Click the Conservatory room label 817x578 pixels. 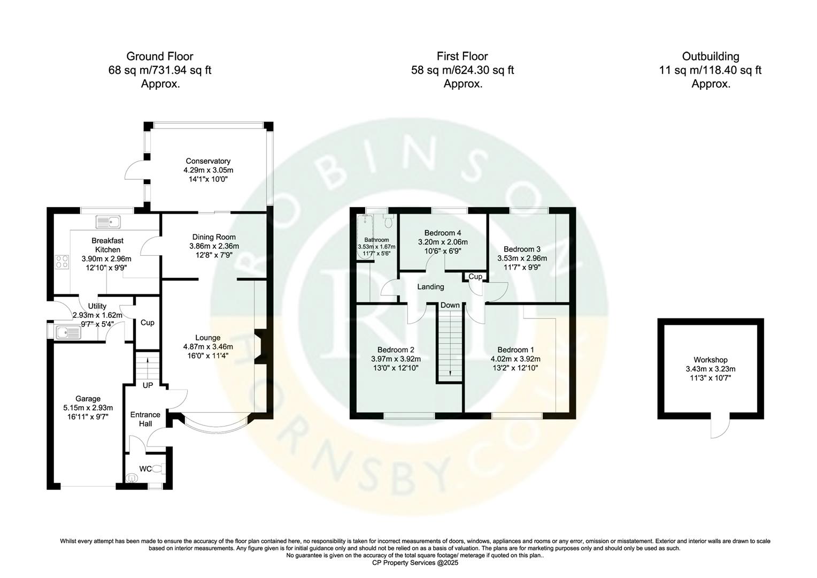208,161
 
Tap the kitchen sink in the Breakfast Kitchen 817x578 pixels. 109,221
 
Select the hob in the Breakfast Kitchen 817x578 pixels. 62,262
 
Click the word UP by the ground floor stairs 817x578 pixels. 148,385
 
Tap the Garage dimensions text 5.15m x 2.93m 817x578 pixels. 88,408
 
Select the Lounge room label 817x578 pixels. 207,338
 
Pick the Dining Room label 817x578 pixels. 214,237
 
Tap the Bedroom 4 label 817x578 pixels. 442,233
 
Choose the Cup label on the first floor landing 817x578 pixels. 475,277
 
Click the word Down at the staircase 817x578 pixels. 450,305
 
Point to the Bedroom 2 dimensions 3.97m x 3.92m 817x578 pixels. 396,359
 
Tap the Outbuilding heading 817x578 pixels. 710,57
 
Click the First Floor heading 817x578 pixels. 462,57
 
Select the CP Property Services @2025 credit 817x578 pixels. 415,563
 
